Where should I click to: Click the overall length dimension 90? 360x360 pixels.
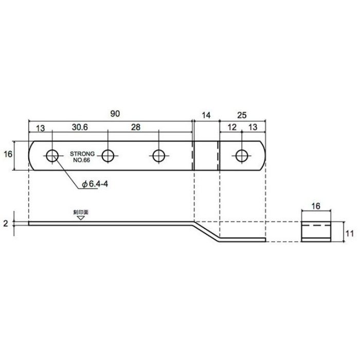click(115, 114)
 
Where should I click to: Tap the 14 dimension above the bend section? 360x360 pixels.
click(206, 115)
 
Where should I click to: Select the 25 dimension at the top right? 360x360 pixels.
click(242, 115)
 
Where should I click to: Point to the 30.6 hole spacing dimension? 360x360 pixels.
click(80, 127)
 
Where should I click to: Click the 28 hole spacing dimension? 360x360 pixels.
click(136, 127)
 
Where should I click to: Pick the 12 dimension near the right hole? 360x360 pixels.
click(232, 127)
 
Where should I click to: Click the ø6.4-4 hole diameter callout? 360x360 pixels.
click(95, 184)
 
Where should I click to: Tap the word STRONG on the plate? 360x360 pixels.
click(82, 154)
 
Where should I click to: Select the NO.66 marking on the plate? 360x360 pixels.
click(81, 160)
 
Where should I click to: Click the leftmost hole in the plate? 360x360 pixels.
click(52, 156)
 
